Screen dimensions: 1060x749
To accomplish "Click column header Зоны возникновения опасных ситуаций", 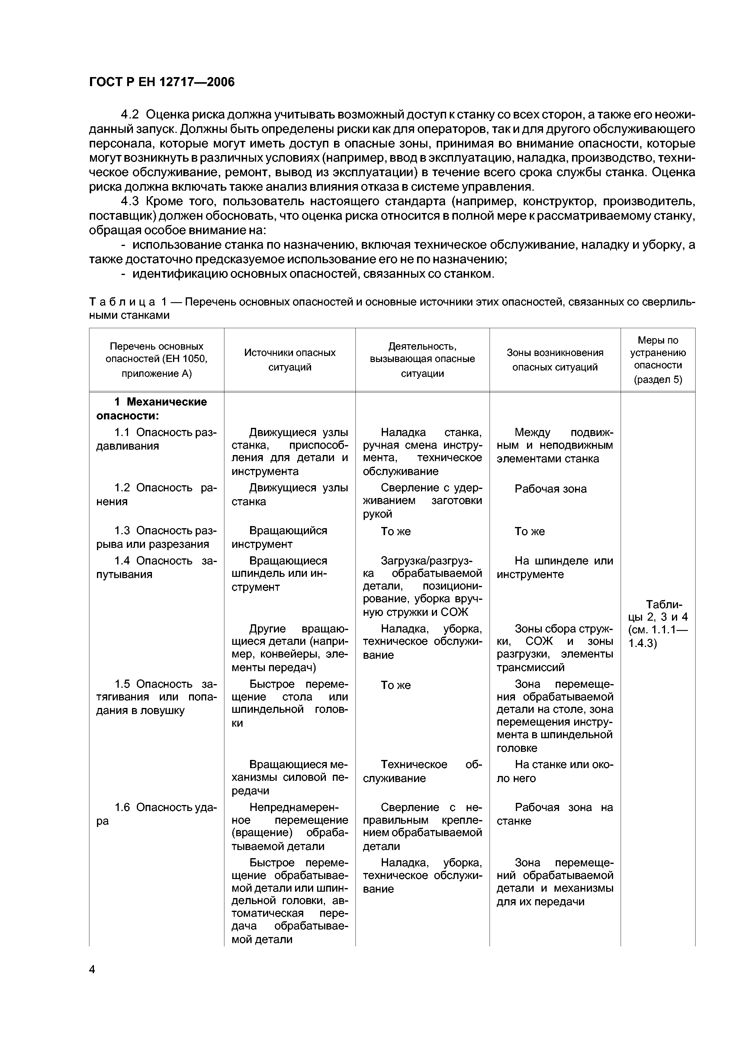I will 555,360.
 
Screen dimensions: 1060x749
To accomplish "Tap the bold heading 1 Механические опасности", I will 151,409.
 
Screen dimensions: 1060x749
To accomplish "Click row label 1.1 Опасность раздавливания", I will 156,439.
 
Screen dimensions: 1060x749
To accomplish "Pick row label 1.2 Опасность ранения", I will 156,494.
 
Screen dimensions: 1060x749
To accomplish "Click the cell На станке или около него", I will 555,771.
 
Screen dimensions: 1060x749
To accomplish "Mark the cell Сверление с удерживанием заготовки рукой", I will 422,501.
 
